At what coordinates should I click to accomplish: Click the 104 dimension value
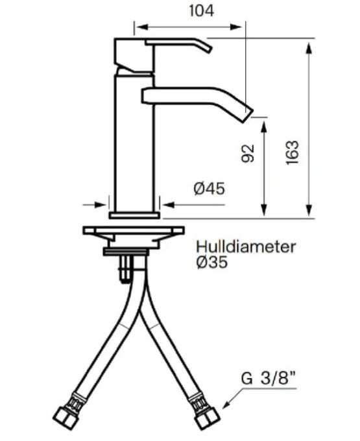(201, 11)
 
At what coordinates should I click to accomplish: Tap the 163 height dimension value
(292, 152)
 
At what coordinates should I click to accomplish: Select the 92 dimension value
(248, 153)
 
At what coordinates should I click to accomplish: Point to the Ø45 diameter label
(210, 189)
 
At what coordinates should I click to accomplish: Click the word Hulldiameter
(246, 246)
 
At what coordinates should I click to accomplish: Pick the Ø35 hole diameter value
(212, 263)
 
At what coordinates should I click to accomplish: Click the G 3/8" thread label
(269, 378)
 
